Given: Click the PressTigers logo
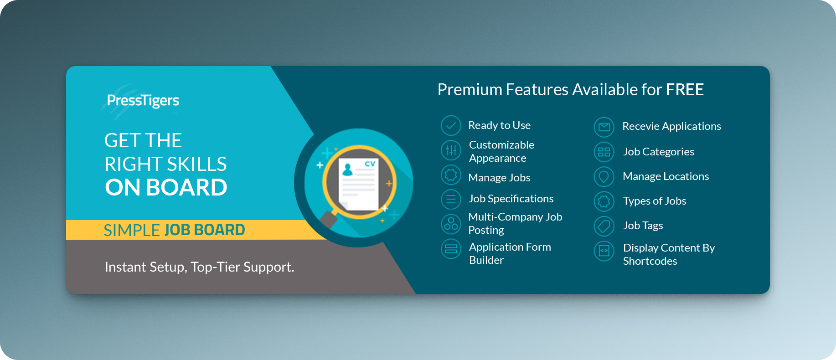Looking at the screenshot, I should pos(143,101).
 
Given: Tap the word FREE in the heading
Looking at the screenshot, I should pos(685,90).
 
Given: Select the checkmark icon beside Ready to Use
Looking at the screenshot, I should pos(451,126).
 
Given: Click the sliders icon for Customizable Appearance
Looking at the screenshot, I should pos(451,150).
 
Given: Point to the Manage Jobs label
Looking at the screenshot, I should pos(499,178).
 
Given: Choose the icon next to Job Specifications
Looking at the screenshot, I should pos(451,199).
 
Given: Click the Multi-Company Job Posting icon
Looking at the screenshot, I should pos(451,224).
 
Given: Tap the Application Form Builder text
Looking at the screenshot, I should pos(510,253).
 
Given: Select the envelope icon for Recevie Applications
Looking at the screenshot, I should pos(604,127).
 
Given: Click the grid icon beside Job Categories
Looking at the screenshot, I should pos(604,152).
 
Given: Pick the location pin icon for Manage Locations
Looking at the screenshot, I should pos(604,177).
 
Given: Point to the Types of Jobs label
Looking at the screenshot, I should pos(655,201).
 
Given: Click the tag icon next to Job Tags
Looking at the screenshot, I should pos(604,226).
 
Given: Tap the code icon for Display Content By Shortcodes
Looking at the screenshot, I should pos(604,251).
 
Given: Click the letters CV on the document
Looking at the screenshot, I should pos(370,164).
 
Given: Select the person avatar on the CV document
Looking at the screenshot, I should pos(348,170).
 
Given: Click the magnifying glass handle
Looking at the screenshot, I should pos(328,219).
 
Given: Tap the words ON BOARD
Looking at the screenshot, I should pos(166,187).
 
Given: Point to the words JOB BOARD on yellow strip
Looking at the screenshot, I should pos(205,230).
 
